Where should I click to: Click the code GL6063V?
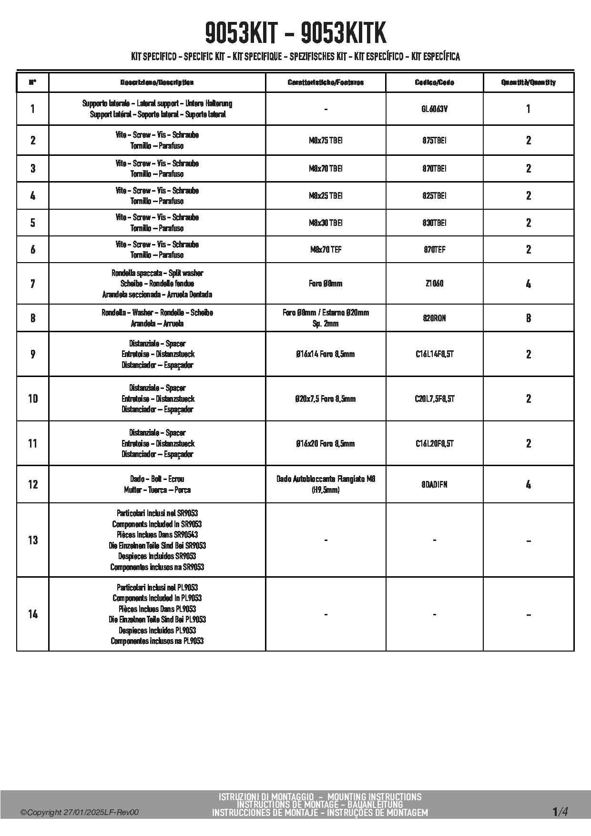(x=434, y=109)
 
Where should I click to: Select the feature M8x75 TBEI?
(x=326, y=141)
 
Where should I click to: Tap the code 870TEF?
(x=434, y=250)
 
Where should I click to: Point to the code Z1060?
(x=434, y=284)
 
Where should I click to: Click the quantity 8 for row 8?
(x=528, y=318)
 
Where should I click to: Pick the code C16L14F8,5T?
(x=434, y=354)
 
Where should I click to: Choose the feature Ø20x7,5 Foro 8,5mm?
(x=326, y=399)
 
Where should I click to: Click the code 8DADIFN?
(x=434, y=485)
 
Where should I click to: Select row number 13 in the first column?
(x=32, y=540)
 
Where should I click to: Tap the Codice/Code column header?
(x=434, y=82)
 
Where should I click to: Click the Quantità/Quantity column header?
(x=528, y=82)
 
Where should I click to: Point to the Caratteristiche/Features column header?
(x=326, y=82)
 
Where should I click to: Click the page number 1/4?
(x=560, y=812)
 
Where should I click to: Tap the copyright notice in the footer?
(x=80, y=813)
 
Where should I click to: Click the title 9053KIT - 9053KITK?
(x=295, y=33)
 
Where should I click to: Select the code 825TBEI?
(x=434, y=196)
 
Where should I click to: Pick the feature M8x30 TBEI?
(x=326, y=223)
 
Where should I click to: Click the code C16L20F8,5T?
(x=434, y=444)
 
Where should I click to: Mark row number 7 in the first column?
(x=32, y=284)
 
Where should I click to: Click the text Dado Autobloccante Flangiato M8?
(x=326, y=479)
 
